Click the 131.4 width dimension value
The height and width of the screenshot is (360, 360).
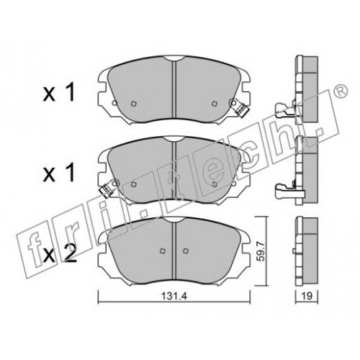point(174,296)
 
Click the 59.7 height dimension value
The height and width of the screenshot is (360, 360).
point(261,251)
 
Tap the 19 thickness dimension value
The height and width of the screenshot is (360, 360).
point(307,296)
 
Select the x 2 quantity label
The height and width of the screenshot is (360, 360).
point(60,253)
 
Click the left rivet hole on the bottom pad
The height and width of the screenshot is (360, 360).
point(163,251)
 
